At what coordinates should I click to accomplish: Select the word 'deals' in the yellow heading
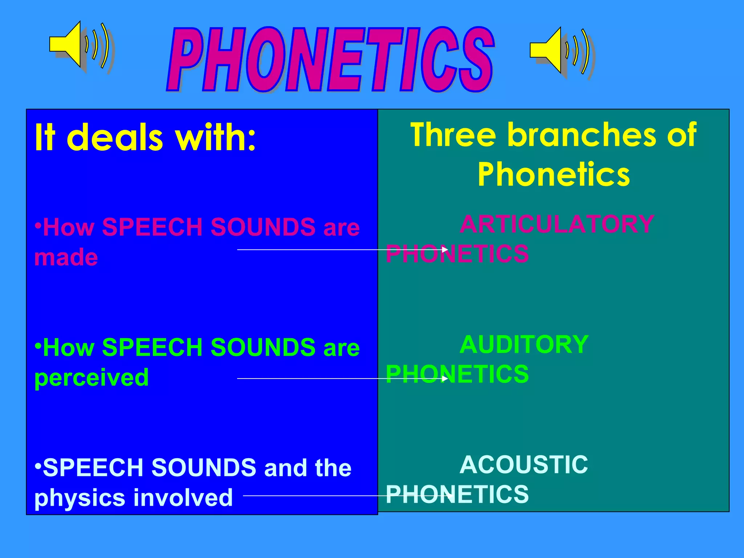[114, 138]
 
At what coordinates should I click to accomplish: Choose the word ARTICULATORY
[557, 224]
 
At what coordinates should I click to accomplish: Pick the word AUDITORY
[524, 344]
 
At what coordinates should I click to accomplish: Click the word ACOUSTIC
[523, 465]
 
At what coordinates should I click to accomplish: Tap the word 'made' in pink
[66, 257]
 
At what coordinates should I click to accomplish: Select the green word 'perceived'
[92, 378]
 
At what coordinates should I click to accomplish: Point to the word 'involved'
[183, 498]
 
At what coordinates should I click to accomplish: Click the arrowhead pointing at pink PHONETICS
[445, 250]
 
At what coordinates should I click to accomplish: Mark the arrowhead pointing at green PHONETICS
[445, 379]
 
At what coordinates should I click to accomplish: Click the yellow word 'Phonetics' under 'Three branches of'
[553, 175]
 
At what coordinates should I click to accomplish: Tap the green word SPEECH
[152, 347]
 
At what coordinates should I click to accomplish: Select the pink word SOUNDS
[263, 227]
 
